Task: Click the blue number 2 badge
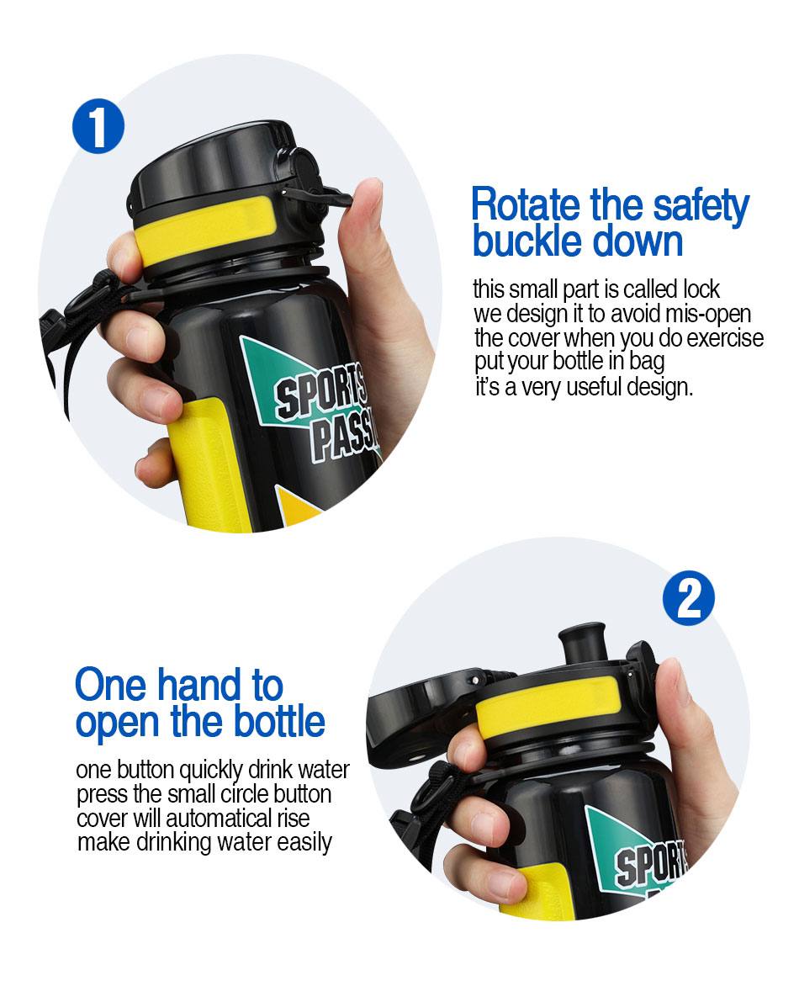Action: [689, 598]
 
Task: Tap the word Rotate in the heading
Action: [526, 205]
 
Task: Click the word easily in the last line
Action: [304, 843]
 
